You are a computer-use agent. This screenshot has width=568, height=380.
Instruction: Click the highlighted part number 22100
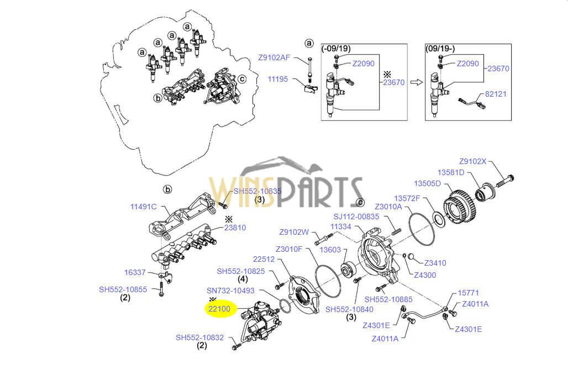tap(219, 309)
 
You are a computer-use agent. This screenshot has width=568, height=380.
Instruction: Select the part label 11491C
tap(144, 207)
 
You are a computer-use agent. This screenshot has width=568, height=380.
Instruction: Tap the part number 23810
tap(235, 228)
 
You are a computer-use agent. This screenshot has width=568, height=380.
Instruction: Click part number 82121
tap(496, 94)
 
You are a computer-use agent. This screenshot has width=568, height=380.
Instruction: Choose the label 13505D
tap(428, 183)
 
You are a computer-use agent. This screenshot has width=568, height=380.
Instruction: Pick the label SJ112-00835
tap(356, 217)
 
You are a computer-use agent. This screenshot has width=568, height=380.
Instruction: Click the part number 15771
tap(468, 293)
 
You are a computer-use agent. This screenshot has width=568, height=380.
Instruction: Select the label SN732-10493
tap(230, 291)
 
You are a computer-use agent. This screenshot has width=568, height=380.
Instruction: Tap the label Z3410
tap(435, 263)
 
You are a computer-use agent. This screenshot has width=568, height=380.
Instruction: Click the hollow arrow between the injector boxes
tap(416, 82)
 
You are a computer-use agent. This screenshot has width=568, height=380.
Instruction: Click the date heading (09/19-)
tap(439, 49)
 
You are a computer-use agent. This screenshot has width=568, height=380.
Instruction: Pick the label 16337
tap(135, 272)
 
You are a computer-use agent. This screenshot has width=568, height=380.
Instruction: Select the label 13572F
tap(407, 198)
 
